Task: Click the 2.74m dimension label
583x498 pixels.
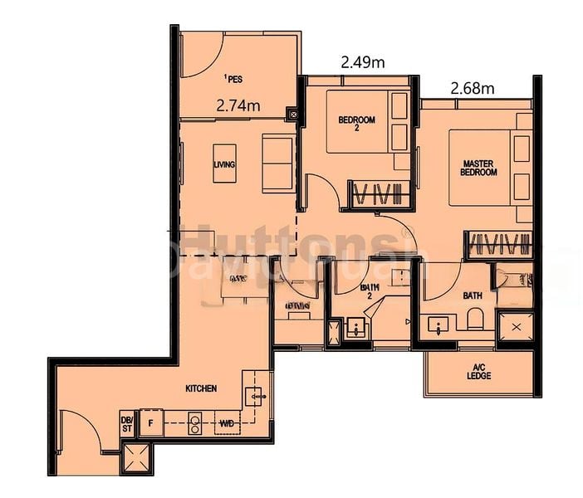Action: click(238, 105)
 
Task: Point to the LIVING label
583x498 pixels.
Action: click(224, 164)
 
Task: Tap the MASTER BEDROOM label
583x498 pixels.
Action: click(479, 168)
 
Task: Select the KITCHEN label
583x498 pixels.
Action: click(202, 388)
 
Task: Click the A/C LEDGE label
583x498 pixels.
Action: click(479, 372)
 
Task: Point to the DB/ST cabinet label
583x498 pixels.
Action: click(126, 423)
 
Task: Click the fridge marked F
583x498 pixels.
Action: click(150, 422)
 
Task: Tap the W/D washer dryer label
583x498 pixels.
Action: click(226, 423)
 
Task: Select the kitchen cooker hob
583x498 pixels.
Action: click(195, 423)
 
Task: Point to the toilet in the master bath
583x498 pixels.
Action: click(474, 319)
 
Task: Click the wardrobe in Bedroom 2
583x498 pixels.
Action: click(378, 193)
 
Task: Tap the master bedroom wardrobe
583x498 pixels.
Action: click(497, 243)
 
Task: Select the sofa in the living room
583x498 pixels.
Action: click(277, 163)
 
